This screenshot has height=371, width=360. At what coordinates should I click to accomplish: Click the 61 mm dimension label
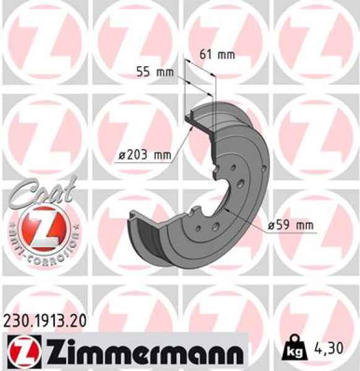pyautogui.click(x=216, y=54)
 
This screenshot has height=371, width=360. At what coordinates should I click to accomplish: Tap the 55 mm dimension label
pyautogui.click(x=155, y=72)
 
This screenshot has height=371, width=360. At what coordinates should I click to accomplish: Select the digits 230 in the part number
pyautogui.click(x=15, y=320)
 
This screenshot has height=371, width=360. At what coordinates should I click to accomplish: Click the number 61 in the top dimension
pyautogui.click(x=206, y=54)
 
